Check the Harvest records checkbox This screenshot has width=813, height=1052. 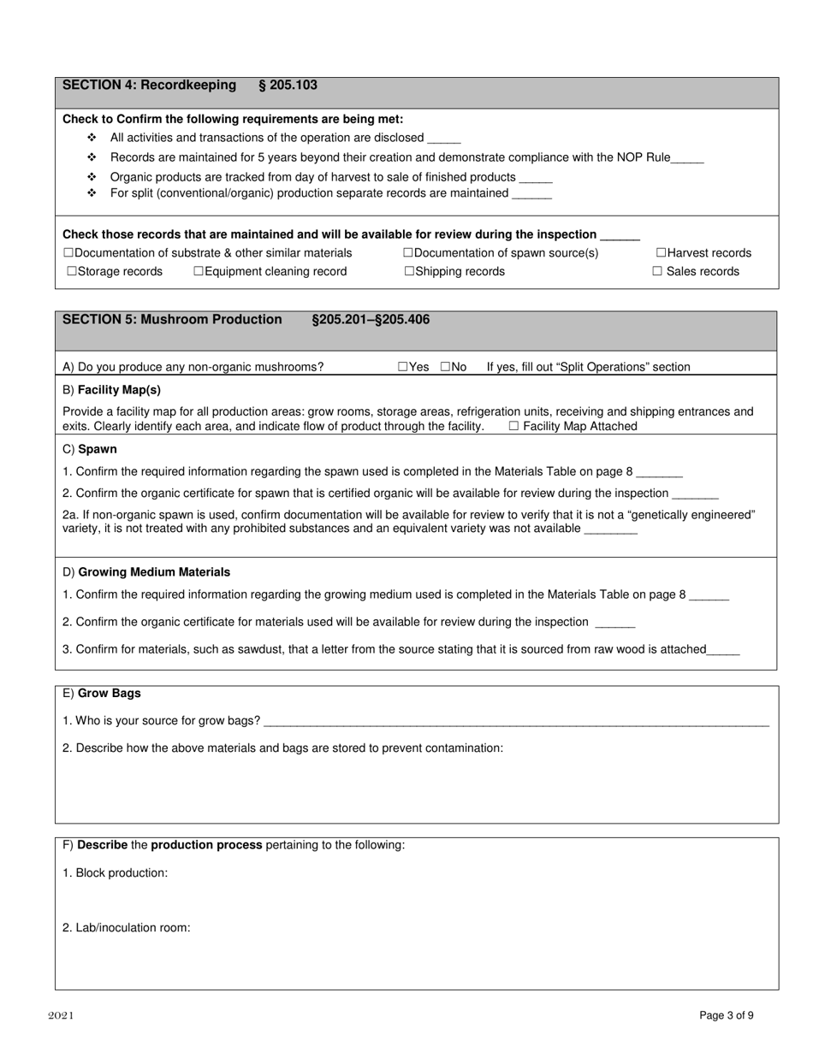click(662, 253)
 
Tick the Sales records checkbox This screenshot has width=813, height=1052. click(657, 272)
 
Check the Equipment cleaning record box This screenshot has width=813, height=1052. click(199, 272)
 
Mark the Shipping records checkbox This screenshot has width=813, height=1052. click(409, 272)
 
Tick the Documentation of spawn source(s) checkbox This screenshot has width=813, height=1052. click(408, 253)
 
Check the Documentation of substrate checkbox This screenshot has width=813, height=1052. click(68, 253)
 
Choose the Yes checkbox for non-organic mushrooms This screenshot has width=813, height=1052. click(403, 367)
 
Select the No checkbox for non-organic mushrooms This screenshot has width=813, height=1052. click(445, 367)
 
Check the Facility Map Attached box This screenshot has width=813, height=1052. click(513, 426)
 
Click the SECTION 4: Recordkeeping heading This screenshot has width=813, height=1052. click(149, 86)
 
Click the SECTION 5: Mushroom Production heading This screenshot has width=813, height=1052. click(172, 320)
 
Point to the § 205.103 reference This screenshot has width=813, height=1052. click(288, 86)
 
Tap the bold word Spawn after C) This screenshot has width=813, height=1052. click(98, 449)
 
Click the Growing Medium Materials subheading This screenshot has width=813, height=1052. click(154, 572)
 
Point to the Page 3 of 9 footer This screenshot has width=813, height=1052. click(727, 1016)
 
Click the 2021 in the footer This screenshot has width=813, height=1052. click(61, 1016)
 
